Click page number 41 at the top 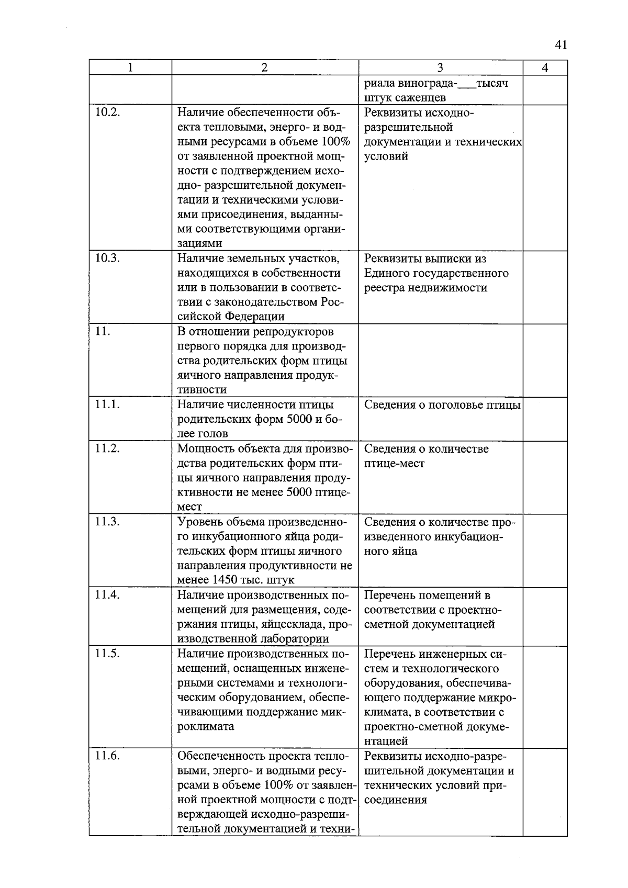click(560, 45)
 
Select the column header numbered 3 click(440, 68)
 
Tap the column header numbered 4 click(545, 68)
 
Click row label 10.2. click(108, 113)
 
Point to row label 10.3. click(108, 258)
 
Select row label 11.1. click(108, 404)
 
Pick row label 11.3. click(108, 522)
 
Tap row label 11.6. click(108, 756)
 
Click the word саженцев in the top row click(422, 98)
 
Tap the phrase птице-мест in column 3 click(394, 463)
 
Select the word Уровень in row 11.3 click(199, 522)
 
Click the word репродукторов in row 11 click(293, 332)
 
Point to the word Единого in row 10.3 click(387, 273)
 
